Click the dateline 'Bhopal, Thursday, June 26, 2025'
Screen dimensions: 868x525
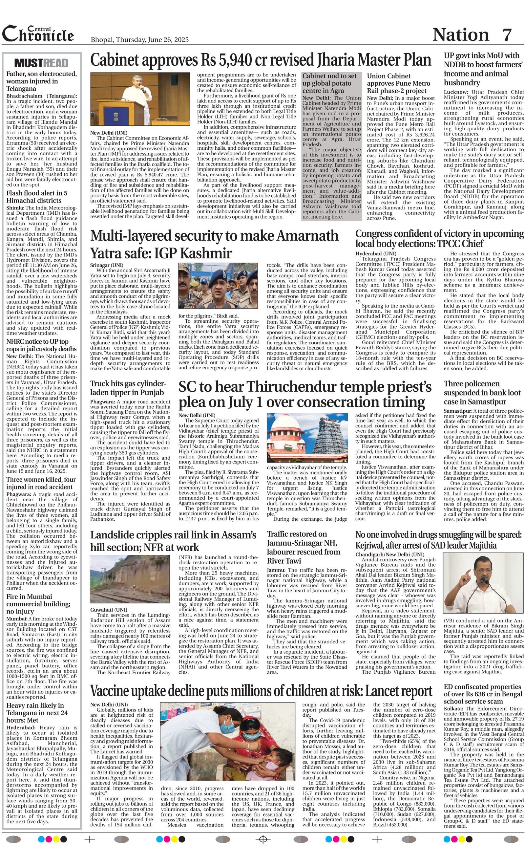[139, 39]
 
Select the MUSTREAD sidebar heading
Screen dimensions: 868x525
[41, 63]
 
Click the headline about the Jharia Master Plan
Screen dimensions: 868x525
[261, 60]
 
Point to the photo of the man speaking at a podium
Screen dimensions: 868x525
[140, 99]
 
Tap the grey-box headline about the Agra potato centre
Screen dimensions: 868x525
[329, 83]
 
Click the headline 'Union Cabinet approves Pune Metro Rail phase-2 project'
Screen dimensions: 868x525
[399, 83]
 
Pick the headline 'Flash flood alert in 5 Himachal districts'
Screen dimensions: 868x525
[37, 197]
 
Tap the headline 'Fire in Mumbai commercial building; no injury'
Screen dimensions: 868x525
[38, 604]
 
